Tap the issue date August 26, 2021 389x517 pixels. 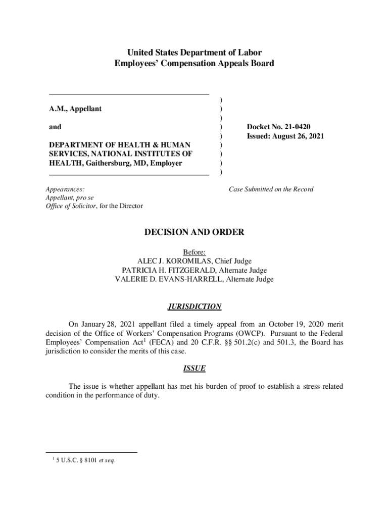pos(299,136)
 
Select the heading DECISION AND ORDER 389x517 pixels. pos(194,232)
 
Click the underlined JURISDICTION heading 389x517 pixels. pos(194,306)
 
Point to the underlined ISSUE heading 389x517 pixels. pos(194,368)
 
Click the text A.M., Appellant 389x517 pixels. pos(75,109)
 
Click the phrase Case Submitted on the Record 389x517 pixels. pos(271,189)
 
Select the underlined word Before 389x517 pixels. pos(194,252)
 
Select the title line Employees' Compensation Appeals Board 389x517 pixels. pos(194,64)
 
